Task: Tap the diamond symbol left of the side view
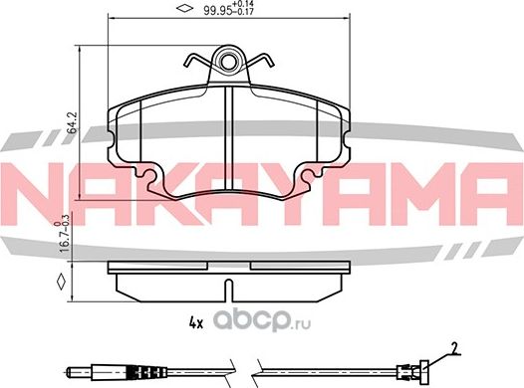click(x=62, y=283)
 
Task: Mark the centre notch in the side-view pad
click(x=229, y=291)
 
